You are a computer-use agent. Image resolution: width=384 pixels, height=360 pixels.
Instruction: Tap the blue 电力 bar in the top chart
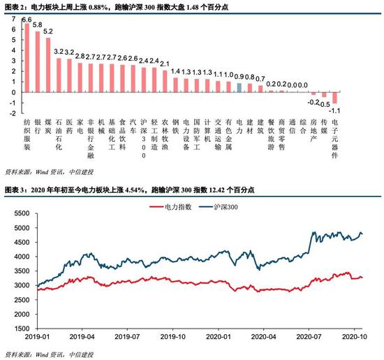[239, 88]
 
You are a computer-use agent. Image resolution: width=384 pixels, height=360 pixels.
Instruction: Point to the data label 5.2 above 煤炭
[47, 32]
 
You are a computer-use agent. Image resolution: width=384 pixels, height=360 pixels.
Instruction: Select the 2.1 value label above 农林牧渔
[165, 64]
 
